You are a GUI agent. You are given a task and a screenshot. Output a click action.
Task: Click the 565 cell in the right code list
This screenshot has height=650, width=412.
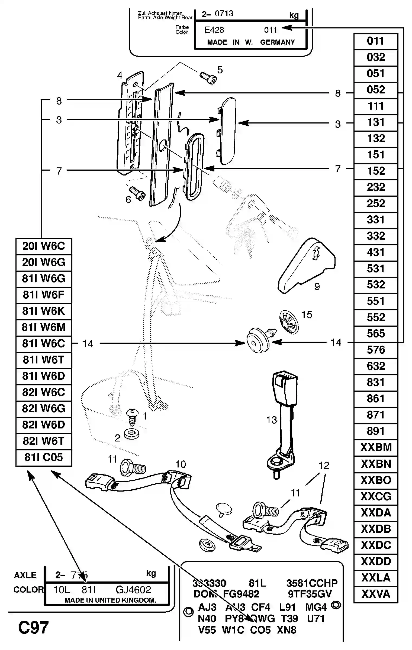pos(376,334)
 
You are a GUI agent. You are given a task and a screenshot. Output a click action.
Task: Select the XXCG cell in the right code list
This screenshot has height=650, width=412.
pos(376,496)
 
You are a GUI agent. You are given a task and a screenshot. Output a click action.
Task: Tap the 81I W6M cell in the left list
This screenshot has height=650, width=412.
pos(44,327)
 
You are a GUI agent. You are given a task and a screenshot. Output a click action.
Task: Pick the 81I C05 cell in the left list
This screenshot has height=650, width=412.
pos(44,457)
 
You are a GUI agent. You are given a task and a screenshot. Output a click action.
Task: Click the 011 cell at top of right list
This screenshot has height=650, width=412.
pos(376,41)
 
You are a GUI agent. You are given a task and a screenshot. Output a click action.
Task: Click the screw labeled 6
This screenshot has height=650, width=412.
pos(137,193)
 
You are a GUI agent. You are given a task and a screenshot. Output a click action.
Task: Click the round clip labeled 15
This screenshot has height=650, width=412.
pos(289,322)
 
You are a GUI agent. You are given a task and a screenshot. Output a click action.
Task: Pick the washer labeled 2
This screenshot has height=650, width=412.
pos(131,434)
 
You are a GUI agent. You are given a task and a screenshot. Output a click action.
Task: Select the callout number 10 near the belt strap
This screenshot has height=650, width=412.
pos(181,464)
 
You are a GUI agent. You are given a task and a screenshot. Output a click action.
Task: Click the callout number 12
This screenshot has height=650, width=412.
pos(324,466)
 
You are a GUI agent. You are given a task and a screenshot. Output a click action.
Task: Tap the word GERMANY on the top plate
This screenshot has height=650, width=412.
pos(277,42)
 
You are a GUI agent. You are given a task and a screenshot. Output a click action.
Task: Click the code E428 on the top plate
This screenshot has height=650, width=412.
pos(214,30)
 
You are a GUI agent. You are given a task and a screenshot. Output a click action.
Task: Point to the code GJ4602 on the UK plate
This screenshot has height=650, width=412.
pos(133,590)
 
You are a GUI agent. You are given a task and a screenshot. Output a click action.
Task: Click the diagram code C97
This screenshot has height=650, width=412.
pos(33,628)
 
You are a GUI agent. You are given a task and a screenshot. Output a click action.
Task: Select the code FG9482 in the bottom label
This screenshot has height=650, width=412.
pos(241,594)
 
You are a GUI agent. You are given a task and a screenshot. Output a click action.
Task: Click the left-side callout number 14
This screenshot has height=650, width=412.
pos(88,344)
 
